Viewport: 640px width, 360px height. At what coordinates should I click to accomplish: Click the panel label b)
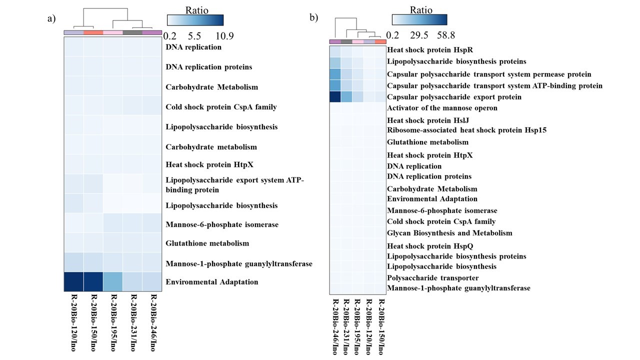point(313,17)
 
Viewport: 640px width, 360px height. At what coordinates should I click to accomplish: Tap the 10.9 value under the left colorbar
point(223,36)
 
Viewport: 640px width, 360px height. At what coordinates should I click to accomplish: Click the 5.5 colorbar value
point(194,36)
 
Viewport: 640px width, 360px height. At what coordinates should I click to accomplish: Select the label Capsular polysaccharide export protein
point(447,97)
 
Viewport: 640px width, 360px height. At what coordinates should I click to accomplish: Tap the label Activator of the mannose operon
point(442,108)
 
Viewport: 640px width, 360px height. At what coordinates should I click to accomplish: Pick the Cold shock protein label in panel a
point(221,107)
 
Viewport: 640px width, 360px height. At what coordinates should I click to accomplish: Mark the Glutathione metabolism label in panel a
point(207,243)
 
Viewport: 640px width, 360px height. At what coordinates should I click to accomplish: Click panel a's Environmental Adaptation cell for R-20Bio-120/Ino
point(73,281)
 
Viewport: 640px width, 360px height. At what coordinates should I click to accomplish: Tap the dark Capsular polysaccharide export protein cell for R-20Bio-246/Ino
point(335,96)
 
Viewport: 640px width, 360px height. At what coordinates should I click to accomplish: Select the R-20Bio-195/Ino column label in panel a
point(112,322)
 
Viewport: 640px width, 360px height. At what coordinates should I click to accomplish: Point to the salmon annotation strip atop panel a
point(93,33)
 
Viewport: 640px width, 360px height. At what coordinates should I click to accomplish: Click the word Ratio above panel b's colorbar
point(420,9)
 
